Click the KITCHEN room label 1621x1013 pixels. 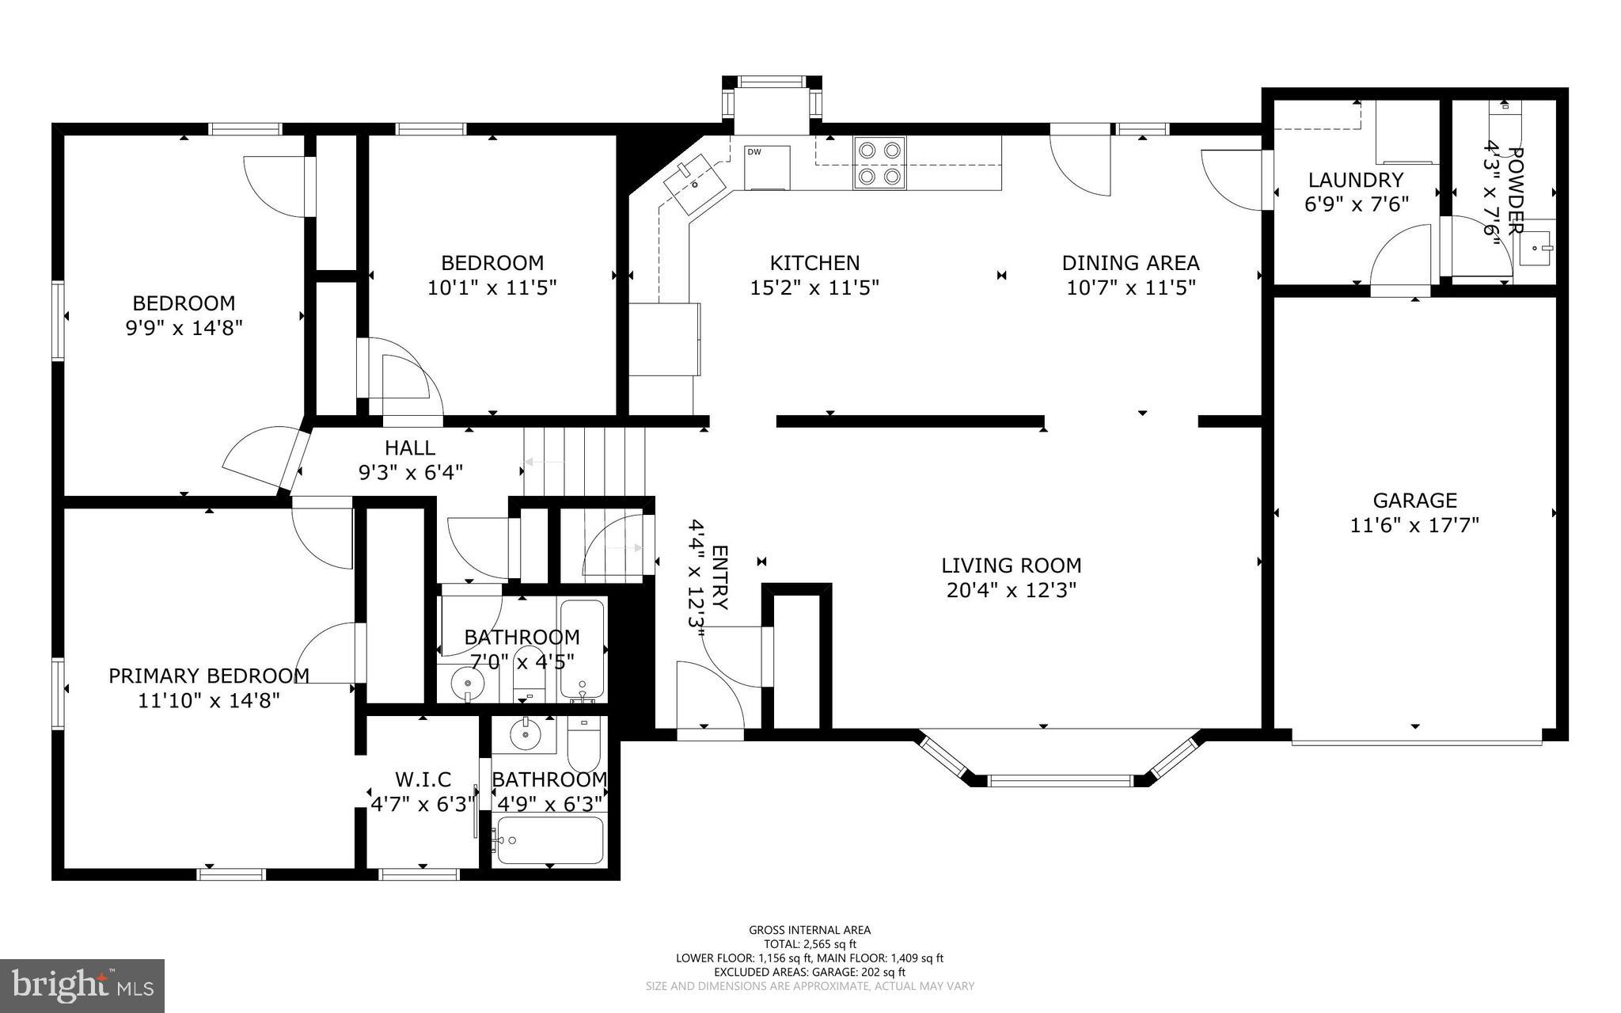[x=814, y=262]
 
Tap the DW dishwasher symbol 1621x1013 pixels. [x=767, y=167]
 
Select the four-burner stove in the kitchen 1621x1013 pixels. [x=879, y=162]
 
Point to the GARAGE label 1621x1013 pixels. [x=1414, y=500]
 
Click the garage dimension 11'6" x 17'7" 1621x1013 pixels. [x=1414, y=524]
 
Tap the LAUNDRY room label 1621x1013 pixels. [x=1356, y=180]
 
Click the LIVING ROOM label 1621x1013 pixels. [x=1011, y=566]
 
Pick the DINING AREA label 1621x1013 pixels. [x=1130, y=262]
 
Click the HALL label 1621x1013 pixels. [x=410, y=447]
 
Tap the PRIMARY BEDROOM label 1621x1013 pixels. [x=209, y=676]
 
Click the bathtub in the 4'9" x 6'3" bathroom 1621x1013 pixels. [x=549, y=840]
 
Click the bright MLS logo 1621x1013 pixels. [x=82, y=986]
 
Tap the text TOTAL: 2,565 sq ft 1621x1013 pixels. [x=810, y=943]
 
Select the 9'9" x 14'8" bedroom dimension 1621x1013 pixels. [x=184, y=327]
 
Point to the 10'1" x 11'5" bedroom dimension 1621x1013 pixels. [x=492, y=287]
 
